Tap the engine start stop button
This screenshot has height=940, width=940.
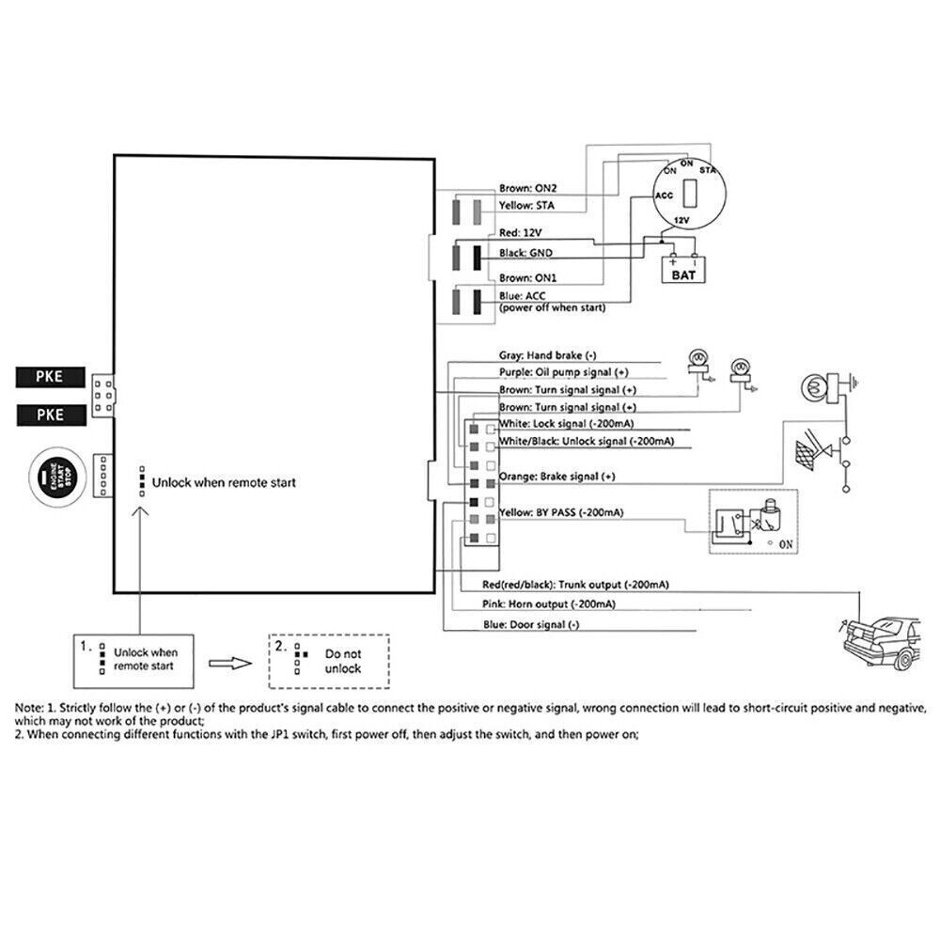pos(58,478)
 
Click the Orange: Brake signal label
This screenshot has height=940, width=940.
pos(556,477)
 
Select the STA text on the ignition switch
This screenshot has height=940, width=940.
pos(709,170)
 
